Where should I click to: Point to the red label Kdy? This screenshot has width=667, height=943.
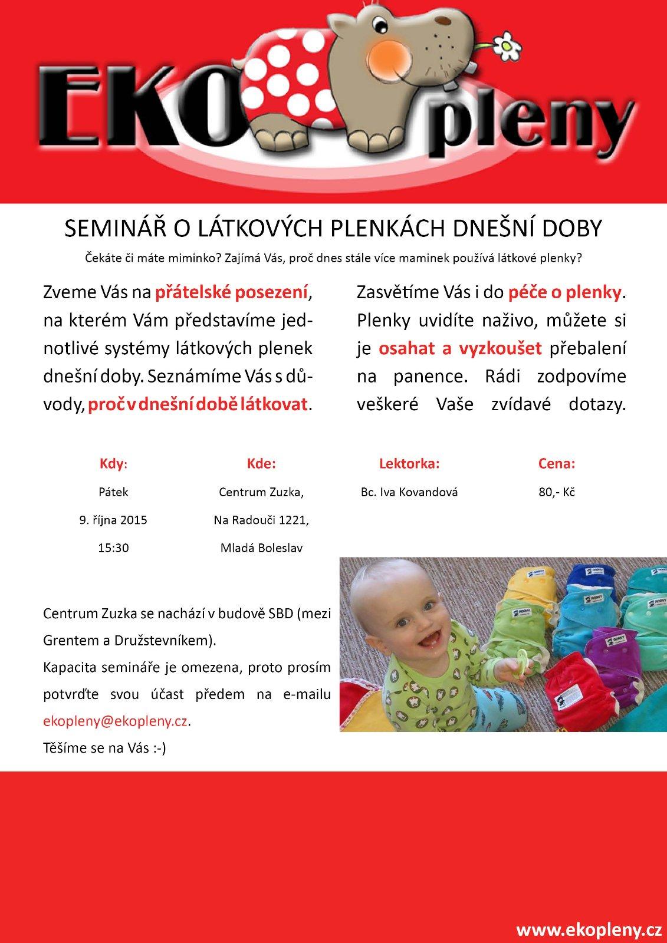click(113, 464)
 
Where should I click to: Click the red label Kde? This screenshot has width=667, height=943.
click(261, 464)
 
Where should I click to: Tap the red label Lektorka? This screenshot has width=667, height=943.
click(409, 464)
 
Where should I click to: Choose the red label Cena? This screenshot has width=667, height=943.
click(556, 464)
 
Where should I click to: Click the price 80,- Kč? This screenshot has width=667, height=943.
click(556, 492)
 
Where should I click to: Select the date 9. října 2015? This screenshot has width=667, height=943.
click(113, 520)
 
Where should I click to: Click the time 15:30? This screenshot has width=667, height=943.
click(113, 548)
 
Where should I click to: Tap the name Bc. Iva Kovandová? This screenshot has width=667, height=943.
click(409, 492)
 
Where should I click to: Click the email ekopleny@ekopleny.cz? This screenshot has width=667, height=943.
click(116, 721)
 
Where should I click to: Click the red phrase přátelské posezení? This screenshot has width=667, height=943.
click(232, 292)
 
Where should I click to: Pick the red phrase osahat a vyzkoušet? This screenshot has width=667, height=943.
click(460, 348)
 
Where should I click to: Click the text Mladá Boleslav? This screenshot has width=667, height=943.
click(261, 548)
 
